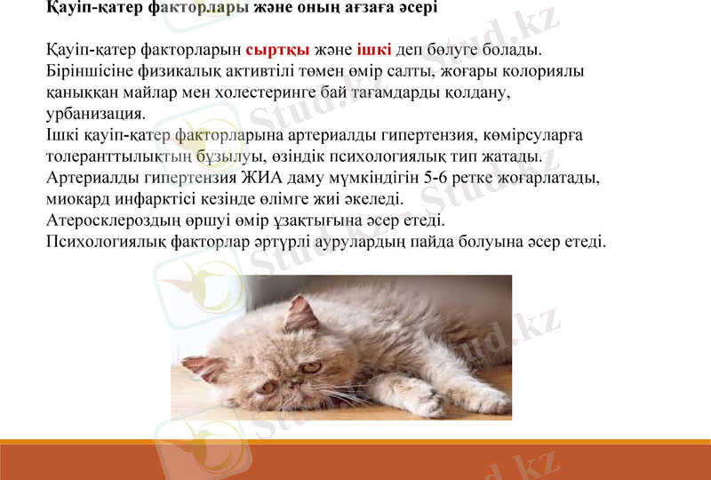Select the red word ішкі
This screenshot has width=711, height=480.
coord(373,48)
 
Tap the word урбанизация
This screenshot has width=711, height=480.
coord(94,113)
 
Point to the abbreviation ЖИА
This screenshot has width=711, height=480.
coord(278,178)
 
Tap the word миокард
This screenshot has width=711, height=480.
coord(76,199)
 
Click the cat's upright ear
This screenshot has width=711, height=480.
coord(302,313)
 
